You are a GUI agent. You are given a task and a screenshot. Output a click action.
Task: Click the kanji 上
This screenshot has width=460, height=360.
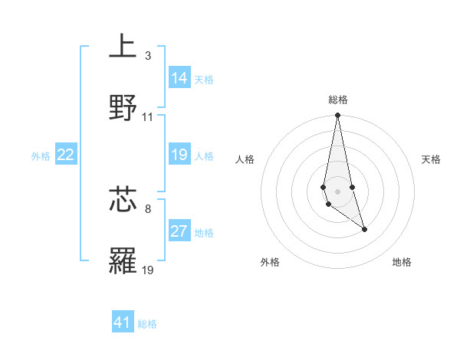[x=123, y=47]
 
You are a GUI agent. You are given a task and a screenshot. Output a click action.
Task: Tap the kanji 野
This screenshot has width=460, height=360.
[x=123, y=108]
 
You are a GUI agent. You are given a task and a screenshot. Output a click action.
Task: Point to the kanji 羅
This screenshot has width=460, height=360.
[x=123, y=260]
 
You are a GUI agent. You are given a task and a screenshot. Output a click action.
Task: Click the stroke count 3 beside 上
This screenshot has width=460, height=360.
[x=147, y=56]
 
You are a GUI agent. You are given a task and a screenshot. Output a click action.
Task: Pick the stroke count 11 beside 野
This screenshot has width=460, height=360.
[x=148, y=117]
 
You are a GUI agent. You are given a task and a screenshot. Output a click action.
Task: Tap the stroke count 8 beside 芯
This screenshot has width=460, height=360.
[x=147, y=208]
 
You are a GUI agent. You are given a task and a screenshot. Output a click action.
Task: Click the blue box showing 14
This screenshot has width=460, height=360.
[x=179, y=78]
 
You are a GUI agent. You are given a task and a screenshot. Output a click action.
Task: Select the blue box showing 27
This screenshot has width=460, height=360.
[x=179, y=231]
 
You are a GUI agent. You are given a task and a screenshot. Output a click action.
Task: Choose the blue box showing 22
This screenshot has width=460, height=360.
[x=66, y=155]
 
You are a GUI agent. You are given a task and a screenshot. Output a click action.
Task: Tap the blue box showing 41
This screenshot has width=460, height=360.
[x=123, y=322]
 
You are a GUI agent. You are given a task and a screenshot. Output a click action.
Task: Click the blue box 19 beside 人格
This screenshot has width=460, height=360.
[x=179, y=155]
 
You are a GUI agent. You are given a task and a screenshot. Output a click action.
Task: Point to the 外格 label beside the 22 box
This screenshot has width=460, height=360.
[x=41, y=156]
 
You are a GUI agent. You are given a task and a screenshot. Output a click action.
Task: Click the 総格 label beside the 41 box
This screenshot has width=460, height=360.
[x=147, y=324]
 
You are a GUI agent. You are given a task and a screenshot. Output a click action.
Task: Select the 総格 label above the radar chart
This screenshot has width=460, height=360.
[x=338, y=100]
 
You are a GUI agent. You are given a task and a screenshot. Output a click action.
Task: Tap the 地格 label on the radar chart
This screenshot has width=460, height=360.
[x=402, y=262]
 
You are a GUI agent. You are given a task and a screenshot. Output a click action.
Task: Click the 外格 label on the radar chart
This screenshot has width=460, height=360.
[x=270, y=262]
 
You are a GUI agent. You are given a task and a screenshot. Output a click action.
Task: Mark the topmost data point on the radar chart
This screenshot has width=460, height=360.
[x=337, y=115]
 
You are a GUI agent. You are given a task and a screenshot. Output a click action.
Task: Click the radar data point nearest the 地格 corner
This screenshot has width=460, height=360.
[x=364, y=229]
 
